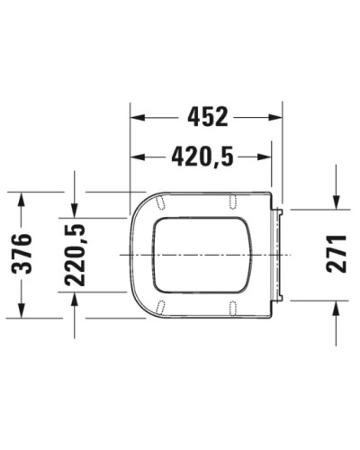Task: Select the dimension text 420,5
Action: coord(203,158)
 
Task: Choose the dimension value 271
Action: coord(336,255)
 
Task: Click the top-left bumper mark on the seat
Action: coord(158,200)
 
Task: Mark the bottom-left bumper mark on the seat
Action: coord(158,310)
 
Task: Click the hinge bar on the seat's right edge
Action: coord(281,255)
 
